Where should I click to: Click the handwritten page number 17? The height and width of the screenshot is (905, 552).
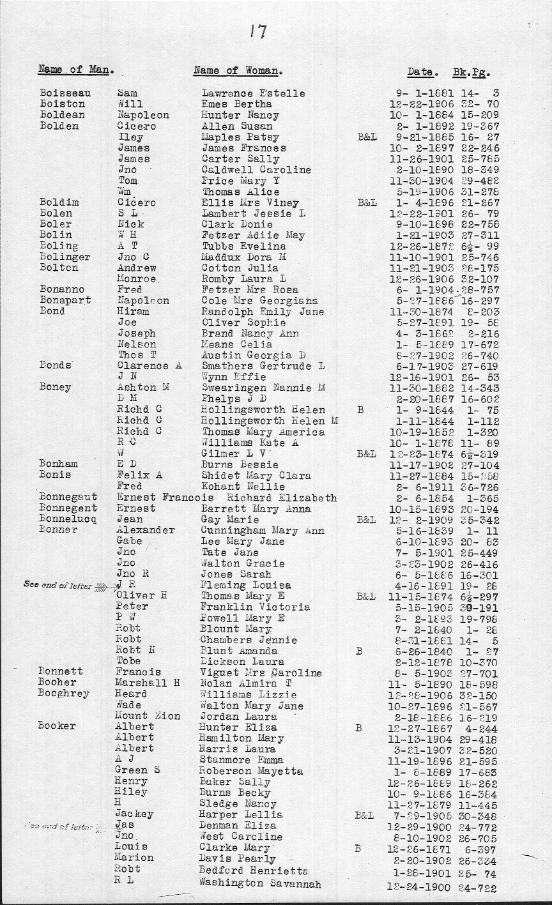[x=257, y=31]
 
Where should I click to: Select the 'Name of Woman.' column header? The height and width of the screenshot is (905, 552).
[x=238, y=71]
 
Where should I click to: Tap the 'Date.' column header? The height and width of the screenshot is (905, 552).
[x=422, y=72]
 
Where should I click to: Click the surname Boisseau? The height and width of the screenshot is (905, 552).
[x=65, y=93]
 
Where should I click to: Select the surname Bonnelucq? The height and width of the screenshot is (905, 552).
[x=68, y=520]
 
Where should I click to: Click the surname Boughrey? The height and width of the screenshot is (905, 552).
[x=63, y=694]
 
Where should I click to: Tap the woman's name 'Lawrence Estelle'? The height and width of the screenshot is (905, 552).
[x=254, y=93]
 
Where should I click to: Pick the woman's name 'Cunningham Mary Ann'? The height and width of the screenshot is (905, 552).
[x=262, y=531]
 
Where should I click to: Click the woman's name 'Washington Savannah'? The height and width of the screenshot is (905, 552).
[x=260, y=883]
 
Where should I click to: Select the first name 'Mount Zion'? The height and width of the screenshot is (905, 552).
[x=148, y=716]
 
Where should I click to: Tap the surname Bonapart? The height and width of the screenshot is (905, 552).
[x=65, y=300]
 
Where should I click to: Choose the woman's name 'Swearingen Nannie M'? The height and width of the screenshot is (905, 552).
[x=263, y=388]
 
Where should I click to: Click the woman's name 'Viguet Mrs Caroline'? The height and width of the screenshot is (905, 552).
[x=261, y=672]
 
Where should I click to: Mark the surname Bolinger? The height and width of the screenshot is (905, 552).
[x=65, y=257]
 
